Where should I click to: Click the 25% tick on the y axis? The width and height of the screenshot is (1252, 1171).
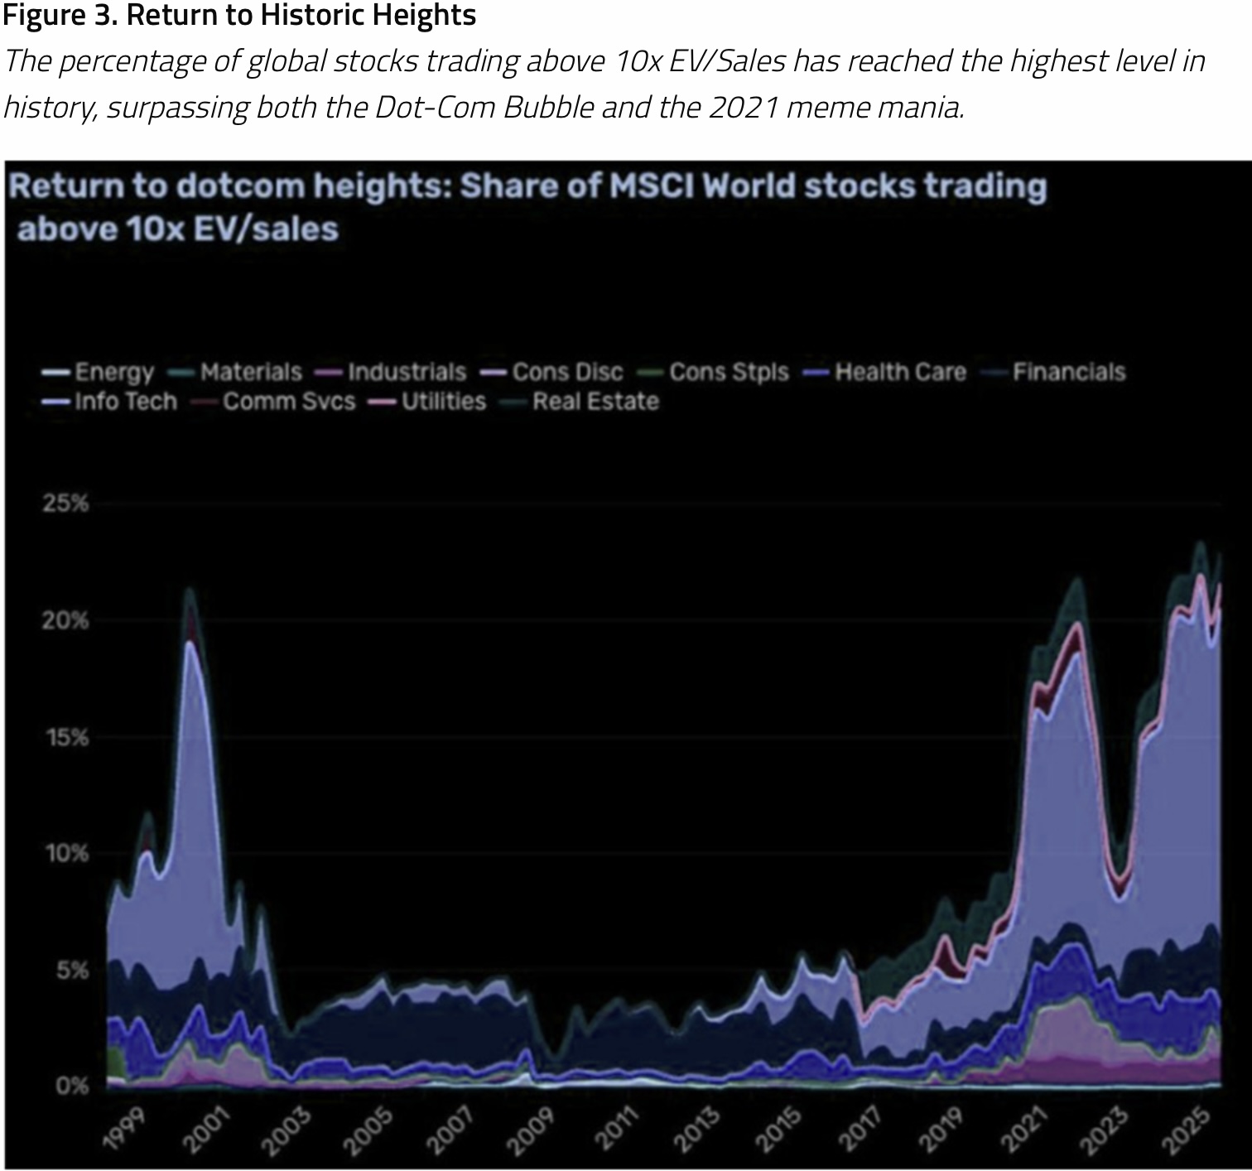[x=65, y=504]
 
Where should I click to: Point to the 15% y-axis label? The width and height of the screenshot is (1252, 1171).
[x=65, y=737]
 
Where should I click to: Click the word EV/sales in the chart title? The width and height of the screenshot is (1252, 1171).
[x=266, y=229]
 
